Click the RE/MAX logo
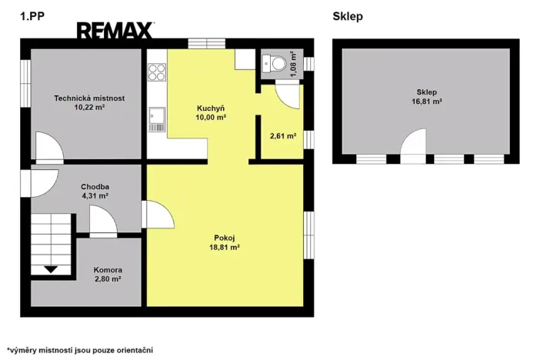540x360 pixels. point(115,30)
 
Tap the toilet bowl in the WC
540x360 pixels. point(279,64)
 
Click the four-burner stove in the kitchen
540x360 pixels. point(157,72)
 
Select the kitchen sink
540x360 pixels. point(157,119)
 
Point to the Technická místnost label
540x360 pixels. point(89,98)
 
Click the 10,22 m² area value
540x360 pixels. point(89,107)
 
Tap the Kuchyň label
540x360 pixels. point(211,108)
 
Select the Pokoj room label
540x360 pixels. point(224,238)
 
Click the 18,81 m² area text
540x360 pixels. point(224,247)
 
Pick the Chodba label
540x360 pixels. point(95,187)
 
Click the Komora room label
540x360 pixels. point(108,270)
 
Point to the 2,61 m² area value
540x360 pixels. point(283,136)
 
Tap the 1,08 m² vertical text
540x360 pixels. point(293,64)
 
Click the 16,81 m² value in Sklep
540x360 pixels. point(427,102)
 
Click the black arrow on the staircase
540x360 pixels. point(51,269)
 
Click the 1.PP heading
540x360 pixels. point(32,16)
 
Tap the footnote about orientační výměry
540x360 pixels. point(80,350)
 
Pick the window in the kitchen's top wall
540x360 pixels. point(207,43)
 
